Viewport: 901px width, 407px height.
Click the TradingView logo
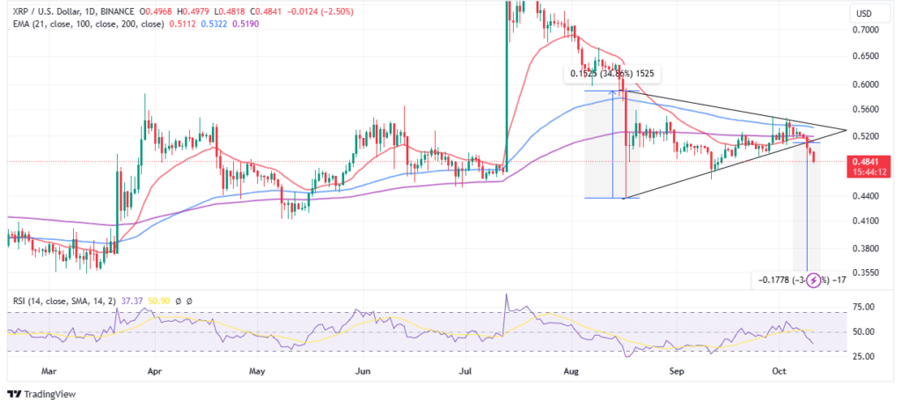coord(42,393)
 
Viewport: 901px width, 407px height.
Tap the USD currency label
coord(865,13)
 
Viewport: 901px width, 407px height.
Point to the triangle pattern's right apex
coord(846,130)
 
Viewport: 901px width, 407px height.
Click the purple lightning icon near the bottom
coord(814,280)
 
